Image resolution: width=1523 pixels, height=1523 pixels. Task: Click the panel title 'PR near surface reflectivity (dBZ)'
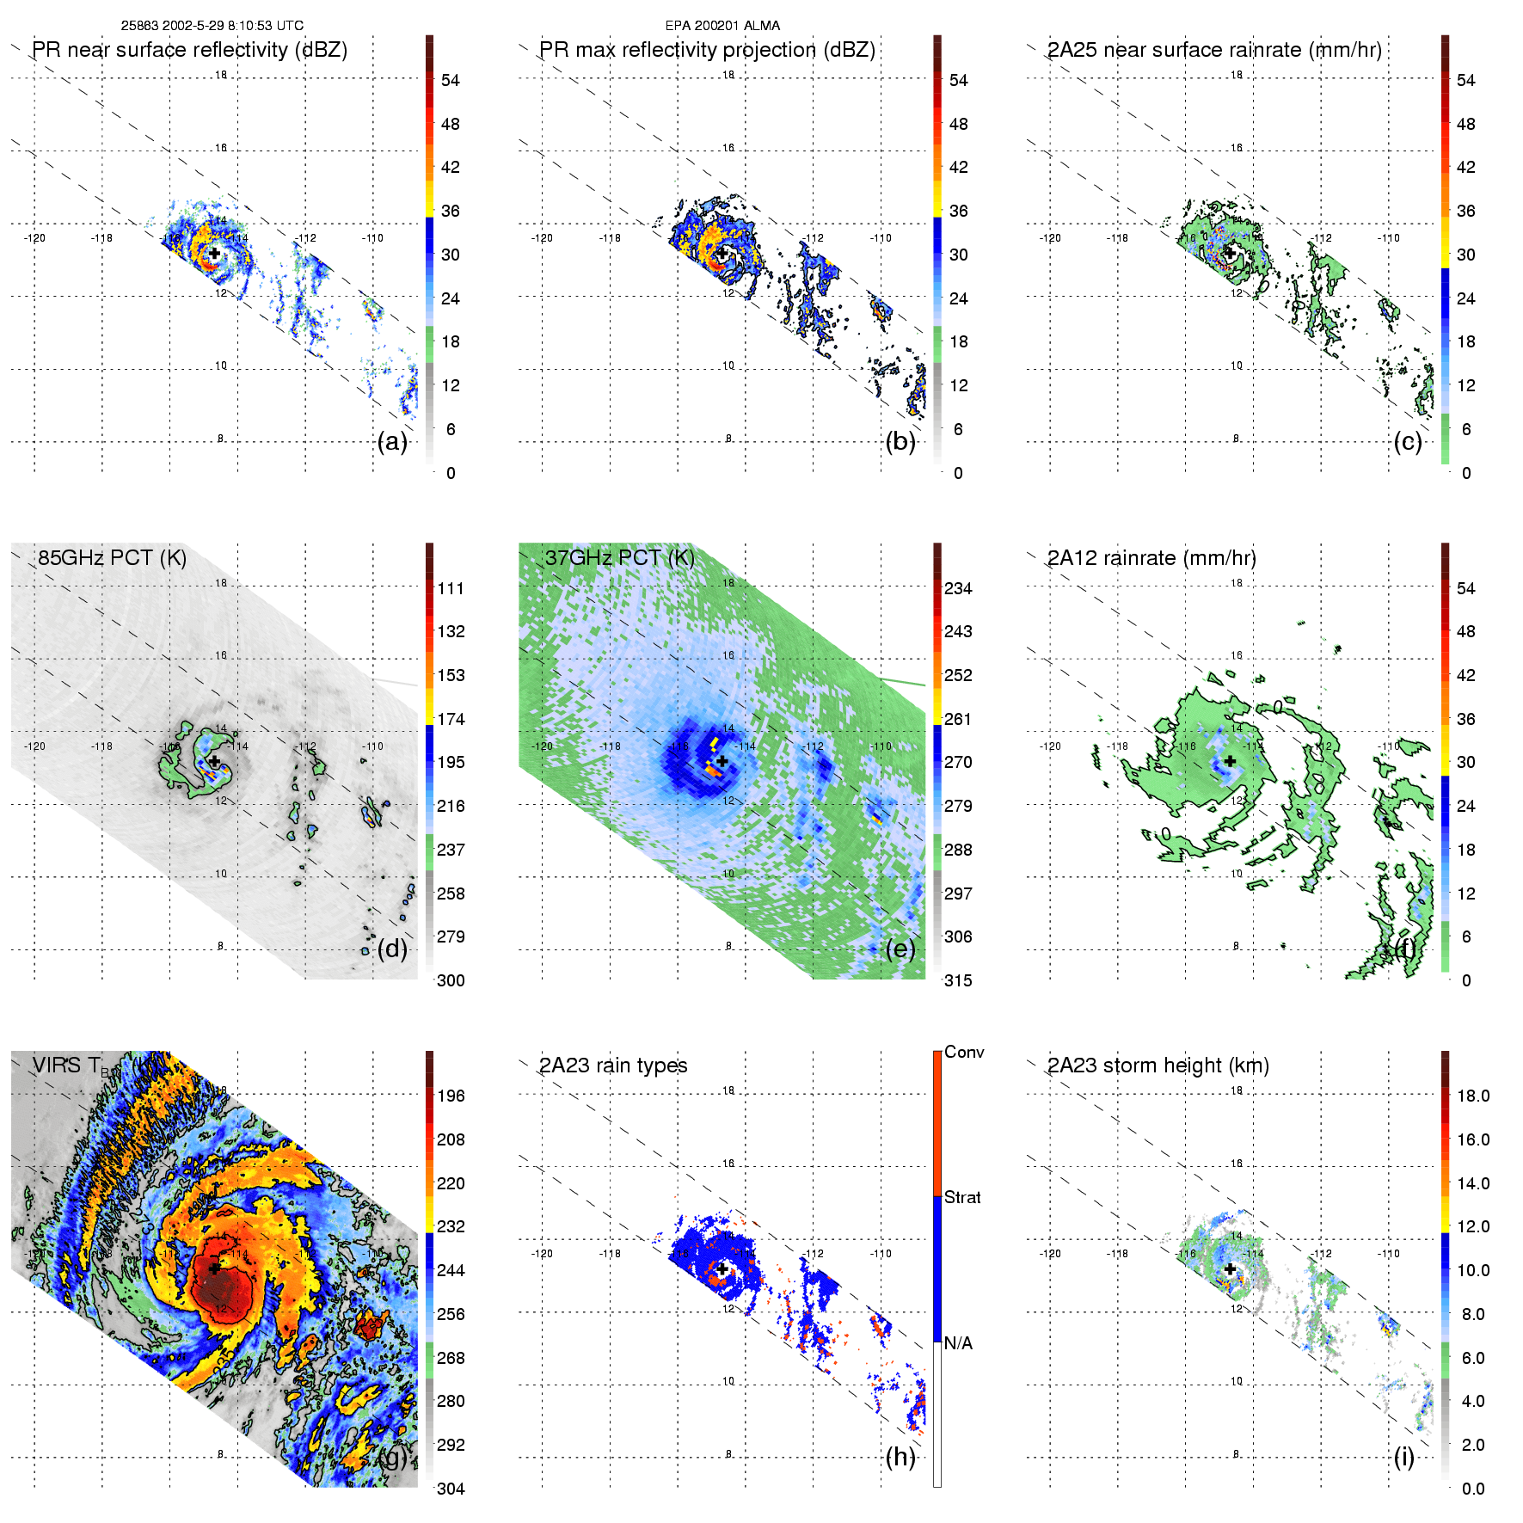click(x=189, y=50)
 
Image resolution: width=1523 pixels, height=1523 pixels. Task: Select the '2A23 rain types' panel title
click(x=613, y=1065)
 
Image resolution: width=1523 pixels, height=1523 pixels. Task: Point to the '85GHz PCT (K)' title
click(x=112, y=558)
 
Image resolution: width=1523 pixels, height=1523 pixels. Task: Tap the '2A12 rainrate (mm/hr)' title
click(x=1151, y=558)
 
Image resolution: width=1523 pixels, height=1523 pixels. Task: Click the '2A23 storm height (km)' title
click(x=1158, y=1065)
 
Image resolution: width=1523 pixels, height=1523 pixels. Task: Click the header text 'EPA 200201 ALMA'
click(x=722, y=26)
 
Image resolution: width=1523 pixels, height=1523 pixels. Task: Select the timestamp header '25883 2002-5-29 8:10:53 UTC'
click(x=212, y=26)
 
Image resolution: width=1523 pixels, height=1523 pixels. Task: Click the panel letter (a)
click(x=392, y=441)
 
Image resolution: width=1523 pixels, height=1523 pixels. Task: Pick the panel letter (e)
click(x=900, y=949)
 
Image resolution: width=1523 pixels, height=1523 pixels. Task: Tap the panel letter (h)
click(x=900, y=1457)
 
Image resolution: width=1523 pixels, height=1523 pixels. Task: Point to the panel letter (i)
click(x=1404, y=1457)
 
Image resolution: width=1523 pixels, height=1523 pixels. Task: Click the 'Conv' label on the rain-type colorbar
click(x=964, y=1052)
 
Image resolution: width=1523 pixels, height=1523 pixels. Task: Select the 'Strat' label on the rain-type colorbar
click(x=962, y=1197)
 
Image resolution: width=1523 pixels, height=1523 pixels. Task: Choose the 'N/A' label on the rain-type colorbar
click(x=959, y=1343)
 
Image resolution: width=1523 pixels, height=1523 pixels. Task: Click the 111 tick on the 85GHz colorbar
click(x=451, y=588)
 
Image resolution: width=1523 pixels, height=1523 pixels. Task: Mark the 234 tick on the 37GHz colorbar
click(x=958, y=588)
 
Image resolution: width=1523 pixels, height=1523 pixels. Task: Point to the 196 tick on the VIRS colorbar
click(x=451, y=1096)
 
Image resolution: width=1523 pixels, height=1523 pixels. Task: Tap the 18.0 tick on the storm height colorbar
click(x=1472, y=1096)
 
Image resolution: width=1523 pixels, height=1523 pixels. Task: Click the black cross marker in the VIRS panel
click(x=214, y=1268)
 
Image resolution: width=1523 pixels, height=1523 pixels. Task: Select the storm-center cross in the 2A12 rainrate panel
click(x=1230, y=761)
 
